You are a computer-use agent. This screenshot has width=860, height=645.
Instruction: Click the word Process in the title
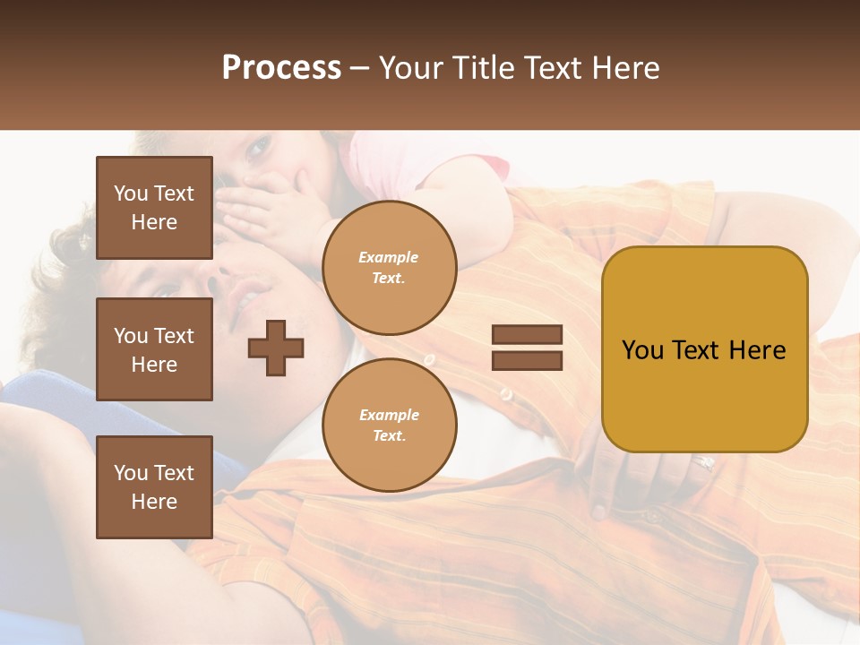pos(281,67)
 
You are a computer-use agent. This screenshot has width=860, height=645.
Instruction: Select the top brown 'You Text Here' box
pos(154,208)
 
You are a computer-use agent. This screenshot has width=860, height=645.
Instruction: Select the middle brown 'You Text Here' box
pos(154,349)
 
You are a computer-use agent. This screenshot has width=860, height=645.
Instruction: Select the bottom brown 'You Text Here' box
pos(154,487)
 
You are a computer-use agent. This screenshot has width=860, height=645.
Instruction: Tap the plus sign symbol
pos(276,348)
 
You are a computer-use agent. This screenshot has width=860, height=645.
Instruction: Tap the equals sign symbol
pos(527,348)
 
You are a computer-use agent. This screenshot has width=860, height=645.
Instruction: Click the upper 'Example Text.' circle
pos(389,268)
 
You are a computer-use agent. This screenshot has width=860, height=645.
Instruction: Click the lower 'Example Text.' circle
pos(389,425)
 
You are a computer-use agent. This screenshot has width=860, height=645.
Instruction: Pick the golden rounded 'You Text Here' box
pos(704,349)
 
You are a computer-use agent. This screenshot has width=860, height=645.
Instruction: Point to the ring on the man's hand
pos(705,462)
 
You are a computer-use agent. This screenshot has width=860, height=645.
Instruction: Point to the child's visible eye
pos(257,148)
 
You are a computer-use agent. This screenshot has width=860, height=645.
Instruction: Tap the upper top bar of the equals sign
pos(527,335)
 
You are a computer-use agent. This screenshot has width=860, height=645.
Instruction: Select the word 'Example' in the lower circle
pos(389,415)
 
